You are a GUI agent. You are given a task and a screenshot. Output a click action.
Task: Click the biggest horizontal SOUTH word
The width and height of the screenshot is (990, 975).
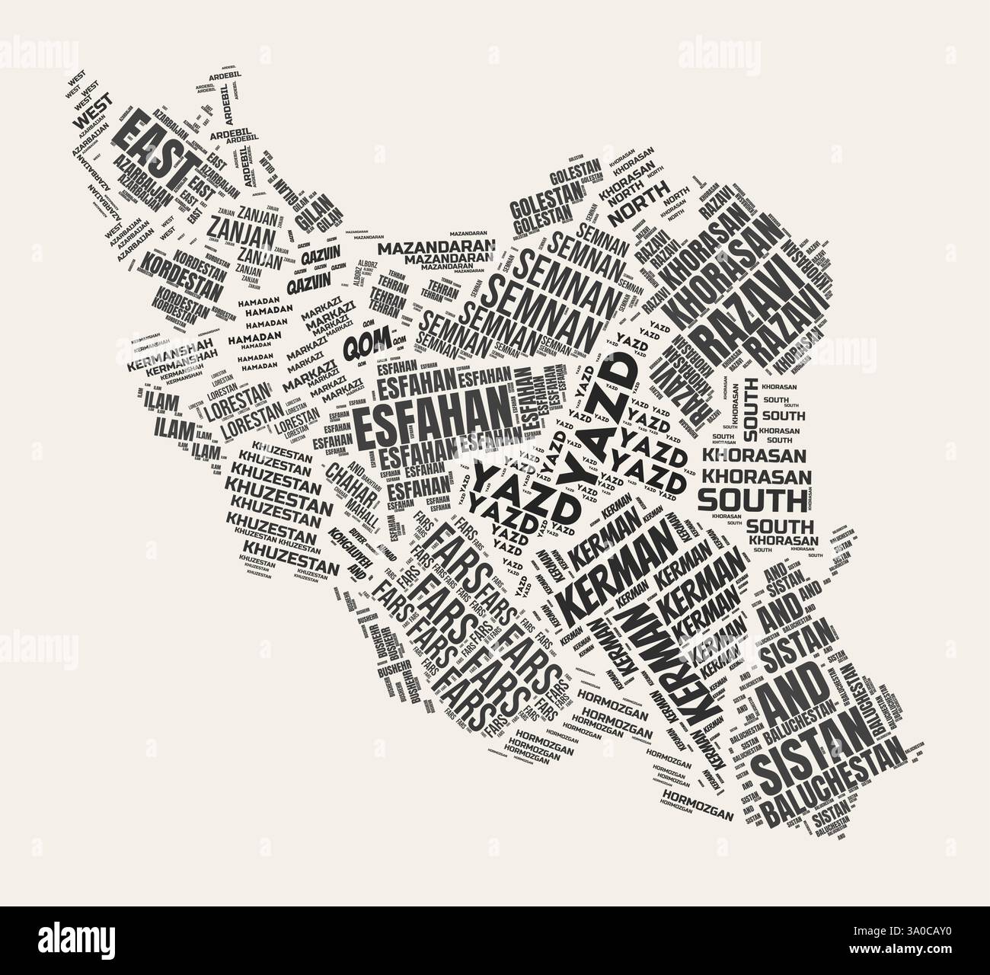click(751, 501)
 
